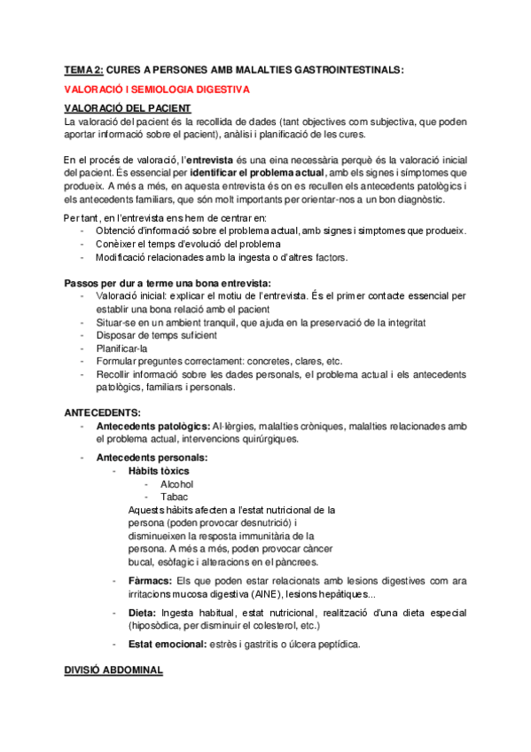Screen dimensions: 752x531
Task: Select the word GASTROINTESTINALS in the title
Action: coord(340,68)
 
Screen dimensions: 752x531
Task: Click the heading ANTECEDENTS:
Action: coord(103,413)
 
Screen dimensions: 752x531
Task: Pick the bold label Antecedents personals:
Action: coord(151,458)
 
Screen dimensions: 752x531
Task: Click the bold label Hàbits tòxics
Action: coord(159,471)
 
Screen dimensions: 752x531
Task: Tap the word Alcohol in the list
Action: coord(176,484)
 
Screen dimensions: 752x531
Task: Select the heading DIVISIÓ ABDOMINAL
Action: coord(113,671)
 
